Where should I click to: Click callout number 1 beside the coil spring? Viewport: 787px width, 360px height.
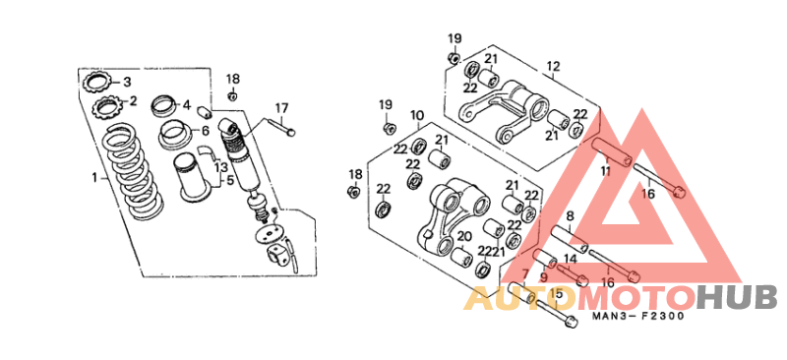point(94,178)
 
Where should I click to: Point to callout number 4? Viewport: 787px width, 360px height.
point(186,105)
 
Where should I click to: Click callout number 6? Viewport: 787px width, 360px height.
point(205,130)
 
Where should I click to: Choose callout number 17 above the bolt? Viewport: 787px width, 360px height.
point(281,107)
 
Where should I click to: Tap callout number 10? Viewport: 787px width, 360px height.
point(417,115)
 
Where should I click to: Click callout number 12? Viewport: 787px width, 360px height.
point(552,67)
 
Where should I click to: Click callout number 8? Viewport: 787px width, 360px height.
point(570,215)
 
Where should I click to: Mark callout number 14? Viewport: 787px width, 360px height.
point(570,259)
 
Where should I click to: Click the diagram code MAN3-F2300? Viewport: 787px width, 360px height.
point(638,316)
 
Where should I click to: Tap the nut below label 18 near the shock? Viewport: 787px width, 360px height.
point(232,95)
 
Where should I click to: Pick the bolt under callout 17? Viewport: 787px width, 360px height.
point(282,126)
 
